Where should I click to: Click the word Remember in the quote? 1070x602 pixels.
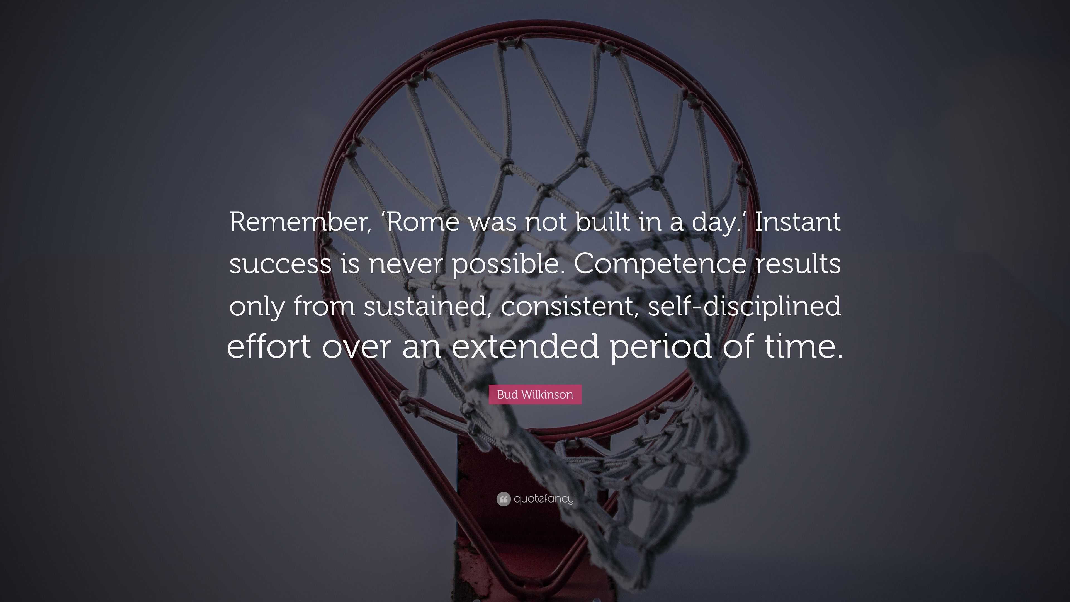pyautogui.click(x=297, y=222)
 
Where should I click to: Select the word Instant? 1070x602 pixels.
pyautogui.click(x=797, y=222)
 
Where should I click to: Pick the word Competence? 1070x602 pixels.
pyautogui.click(x=660, y=264)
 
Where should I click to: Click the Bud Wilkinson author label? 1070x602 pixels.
pyautogui.click(x=535, y=395)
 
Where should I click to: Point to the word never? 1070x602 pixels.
pyautogui.click(x=405, y=264)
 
